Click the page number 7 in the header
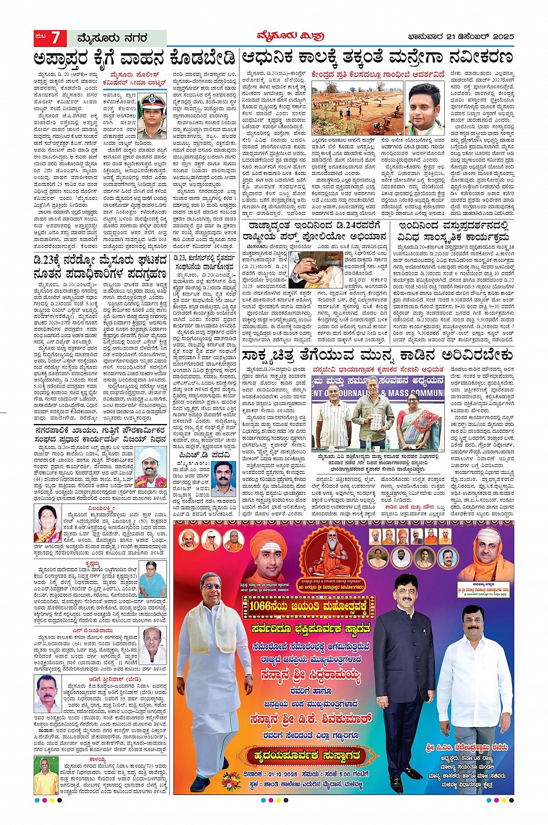(x=55, y=38)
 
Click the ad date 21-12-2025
(x=270, y=775)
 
